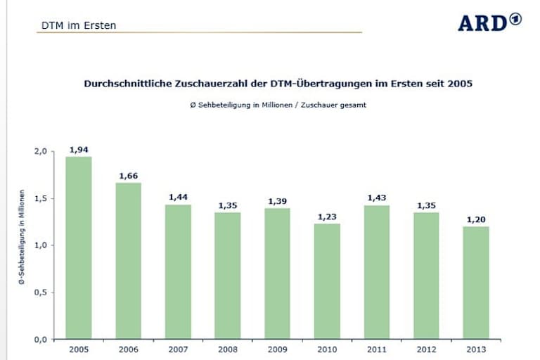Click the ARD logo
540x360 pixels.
point(489,22)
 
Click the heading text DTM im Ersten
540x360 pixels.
point(78,26)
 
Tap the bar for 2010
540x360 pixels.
point(327,281)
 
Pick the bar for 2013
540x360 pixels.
point(476,283)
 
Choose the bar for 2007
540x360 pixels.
point(178,271)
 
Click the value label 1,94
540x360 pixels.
point(78,149)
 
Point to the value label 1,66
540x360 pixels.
point(128,176)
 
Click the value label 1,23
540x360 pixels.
point(327,217)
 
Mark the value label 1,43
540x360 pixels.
point(377,198)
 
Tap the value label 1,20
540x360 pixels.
point(476,219)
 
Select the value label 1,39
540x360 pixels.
point(277,201)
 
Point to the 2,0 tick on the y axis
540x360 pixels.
point(40,151)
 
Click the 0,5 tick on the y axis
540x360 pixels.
point(40,292)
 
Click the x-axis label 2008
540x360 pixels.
point(227,349)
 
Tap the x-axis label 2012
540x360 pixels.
point(426,349)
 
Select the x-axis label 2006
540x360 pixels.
point(128,349)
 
